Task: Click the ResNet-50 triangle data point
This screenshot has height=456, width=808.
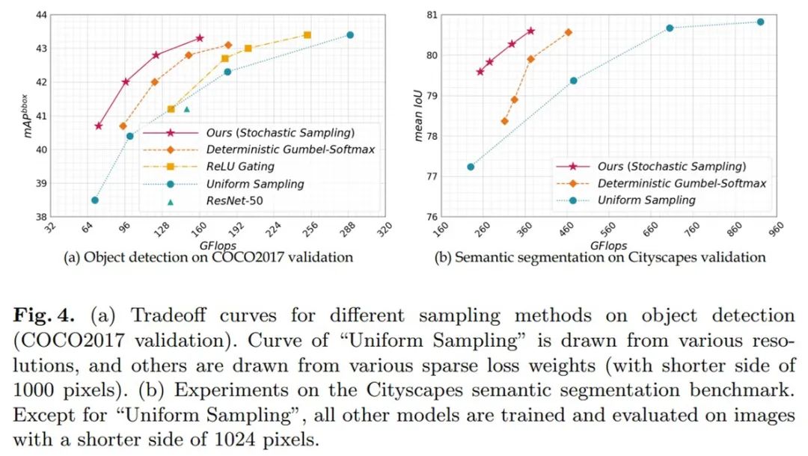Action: [186, 109]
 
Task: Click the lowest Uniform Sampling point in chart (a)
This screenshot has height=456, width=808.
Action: [95, 200]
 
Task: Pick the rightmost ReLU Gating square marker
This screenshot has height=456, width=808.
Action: [307, 35]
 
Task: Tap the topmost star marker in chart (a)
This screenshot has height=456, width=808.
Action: [200, 38]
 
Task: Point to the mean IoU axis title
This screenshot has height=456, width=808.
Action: [418, 116]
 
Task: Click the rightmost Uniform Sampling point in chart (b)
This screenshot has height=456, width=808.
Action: [760, 22]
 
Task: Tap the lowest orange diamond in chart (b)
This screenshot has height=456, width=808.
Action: [504, 121]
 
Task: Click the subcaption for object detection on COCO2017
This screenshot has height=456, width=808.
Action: [209, 258]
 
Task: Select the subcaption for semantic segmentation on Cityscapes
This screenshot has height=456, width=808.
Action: [599, 258]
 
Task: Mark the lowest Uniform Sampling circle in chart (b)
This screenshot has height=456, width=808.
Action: [471, 167]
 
